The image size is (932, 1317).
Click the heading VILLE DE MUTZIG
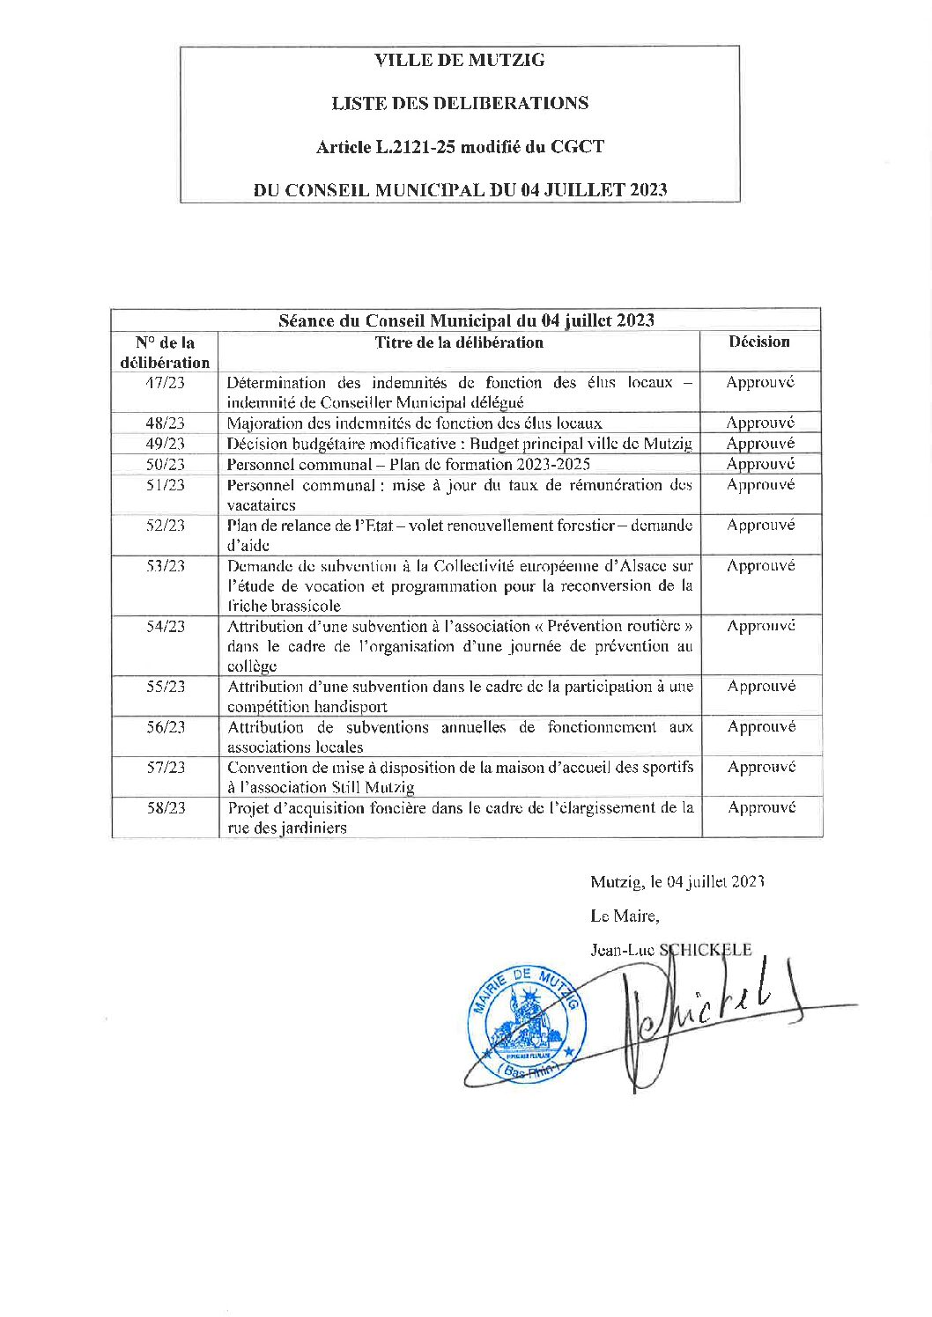click(459, 61)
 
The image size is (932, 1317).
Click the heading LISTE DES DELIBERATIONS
click(459, 104)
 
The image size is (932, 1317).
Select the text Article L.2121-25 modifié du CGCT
click(459, 147)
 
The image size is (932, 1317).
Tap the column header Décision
click(758, 342)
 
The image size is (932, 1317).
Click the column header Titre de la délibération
click(458, 342)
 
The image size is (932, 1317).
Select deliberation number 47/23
click(165, 383)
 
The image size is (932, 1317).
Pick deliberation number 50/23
click(165, 464)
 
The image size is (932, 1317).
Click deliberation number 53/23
click(165, 566)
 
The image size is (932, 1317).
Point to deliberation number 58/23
click(166, 807)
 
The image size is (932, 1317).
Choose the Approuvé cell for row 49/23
click(759, 444)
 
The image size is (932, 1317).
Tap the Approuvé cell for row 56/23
click(761, 726)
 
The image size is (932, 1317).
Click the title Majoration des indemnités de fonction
click(414, 423)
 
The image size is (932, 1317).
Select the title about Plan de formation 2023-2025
click(408, 464)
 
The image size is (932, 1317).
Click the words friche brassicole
click(284, 606)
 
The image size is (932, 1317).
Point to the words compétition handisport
click(307, 706)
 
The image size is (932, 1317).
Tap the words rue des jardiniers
click(286, 828)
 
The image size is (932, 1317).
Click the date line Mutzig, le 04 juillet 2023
click(677, 881)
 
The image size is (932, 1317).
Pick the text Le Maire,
click(624, 916)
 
